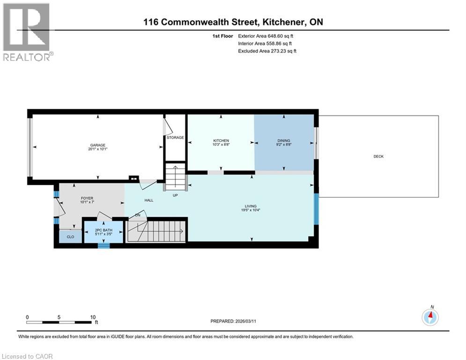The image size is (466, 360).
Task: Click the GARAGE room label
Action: pos(98,145)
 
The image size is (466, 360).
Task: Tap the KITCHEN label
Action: pos(221,141)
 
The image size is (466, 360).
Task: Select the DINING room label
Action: pos(283,141)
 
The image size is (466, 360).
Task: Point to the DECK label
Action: pos(378,157)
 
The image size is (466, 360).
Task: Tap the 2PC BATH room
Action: pos(104,232)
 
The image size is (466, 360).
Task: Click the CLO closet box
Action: pos(70,237)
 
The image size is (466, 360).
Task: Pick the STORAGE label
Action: pos(175,137)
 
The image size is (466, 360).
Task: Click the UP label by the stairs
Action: pos(175,195)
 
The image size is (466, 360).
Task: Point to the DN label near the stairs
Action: pos(138,215)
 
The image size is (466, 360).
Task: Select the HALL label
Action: pos(149,200)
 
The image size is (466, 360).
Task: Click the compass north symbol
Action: pos(430,317)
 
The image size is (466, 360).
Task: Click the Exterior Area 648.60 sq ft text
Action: pos(266,36)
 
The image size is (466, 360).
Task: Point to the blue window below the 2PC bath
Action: pos(104,245)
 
